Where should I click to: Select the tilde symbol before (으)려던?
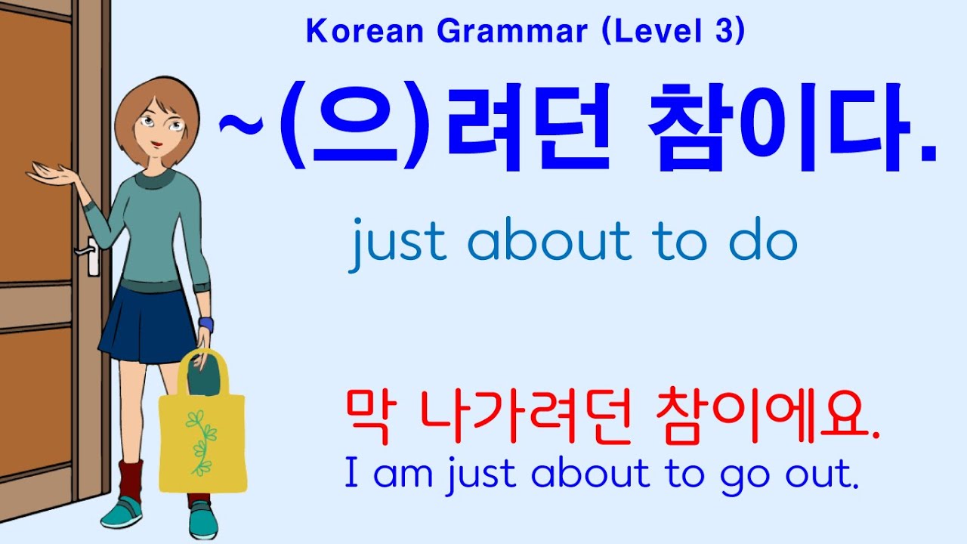coord(236,127)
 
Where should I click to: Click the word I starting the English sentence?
coord(351,473)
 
